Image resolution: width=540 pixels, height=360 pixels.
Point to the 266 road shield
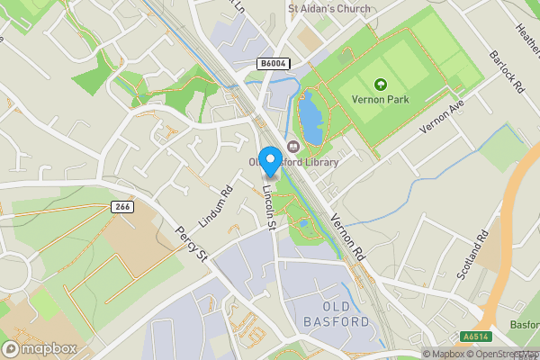tap(122, 207)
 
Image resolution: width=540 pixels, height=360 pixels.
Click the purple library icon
tap(292, 147)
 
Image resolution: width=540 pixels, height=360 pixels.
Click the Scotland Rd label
tap(472, 254)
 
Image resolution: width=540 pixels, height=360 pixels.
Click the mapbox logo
tap(40, 348)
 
